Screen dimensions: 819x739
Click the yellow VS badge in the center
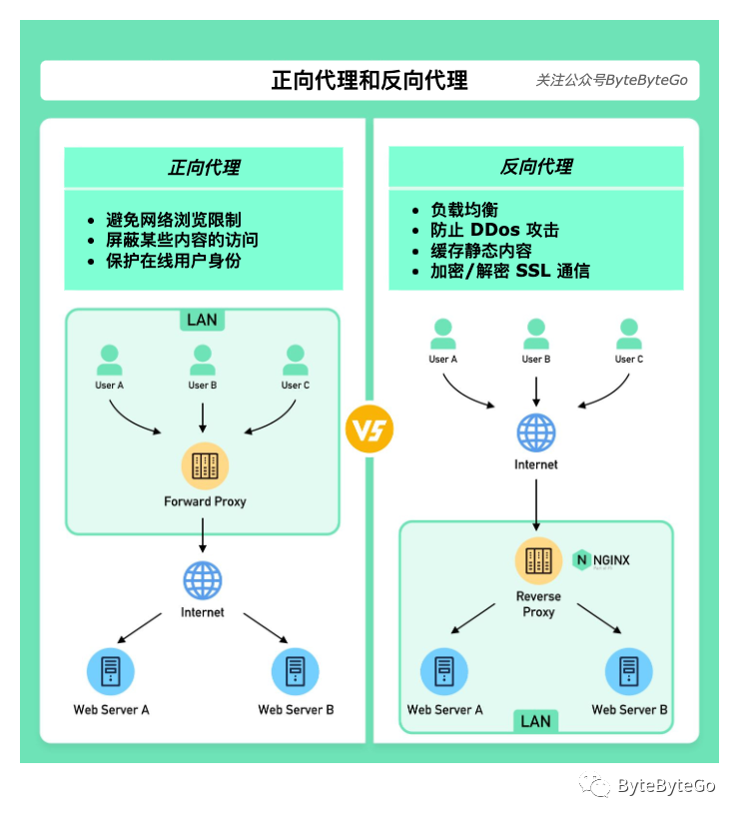[x=369, y=430]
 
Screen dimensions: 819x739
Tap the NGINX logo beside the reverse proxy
[x=601, y=560]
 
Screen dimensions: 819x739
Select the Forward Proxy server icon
[x=205, y=465]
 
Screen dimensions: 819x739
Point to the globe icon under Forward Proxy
[x=203, y=580]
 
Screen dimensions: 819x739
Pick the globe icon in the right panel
[x=536, y=433]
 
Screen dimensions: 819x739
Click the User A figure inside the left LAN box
[x=109, y=360]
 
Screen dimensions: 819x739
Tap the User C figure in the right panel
[x=629, y=334]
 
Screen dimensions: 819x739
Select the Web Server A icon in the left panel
[x=111, y=671]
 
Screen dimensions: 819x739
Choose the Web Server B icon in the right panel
[x=629, y=671]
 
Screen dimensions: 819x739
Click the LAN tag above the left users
[x=202, y=320]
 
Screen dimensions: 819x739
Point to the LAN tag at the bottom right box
[x=535, y=721]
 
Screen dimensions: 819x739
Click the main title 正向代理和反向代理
[x=369, y=80]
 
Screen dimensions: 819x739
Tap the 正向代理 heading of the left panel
[x=204, y=167]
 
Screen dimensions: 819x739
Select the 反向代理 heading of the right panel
[x=536, y=167]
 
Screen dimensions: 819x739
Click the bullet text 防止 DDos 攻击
[x=494, y=231]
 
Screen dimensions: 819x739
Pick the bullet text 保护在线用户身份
[x=174, y=261]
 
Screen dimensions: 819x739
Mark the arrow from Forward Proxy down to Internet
[x=203, y=536]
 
